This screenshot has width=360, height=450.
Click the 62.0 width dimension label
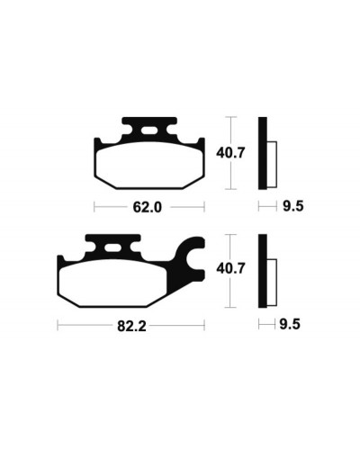pyautogui.click(x=148, y=207)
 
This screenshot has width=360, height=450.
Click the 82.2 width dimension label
pyautogui.click(x=131, y=325)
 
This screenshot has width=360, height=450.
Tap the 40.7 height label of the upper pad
pyautogui.click(x=230, y=153)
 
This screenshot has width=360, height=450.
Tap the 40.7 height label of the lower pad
pyautogui.click(x=230, y=268)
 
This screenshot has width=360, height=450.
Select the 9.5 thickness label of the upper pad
pyautogui.click(x=293, y=206)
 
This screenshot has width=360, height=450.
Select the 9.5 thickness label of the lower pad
pyautogui.click(x=290, y=324)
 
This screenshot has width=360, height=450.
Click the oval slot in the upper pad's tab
pyautogui.click(x=149, y=130)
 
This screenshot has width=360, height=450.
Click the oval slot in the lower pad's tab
pyautogui.click(x=112, y=248)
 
